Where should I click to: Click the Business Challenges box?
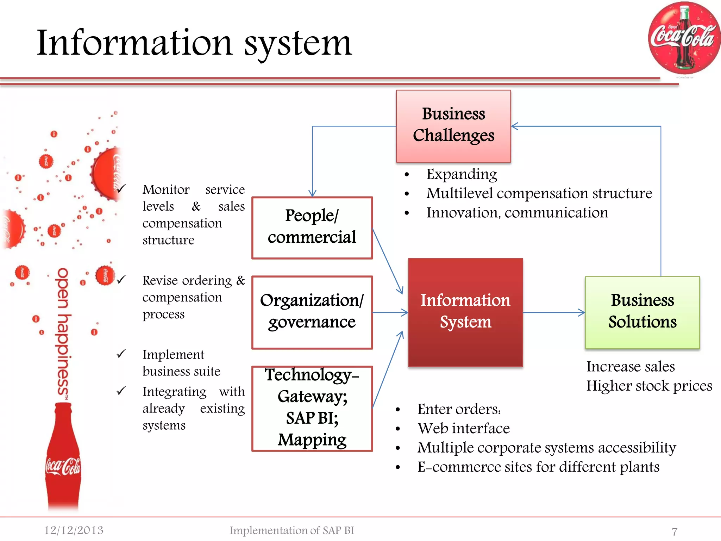(x=453, y=126)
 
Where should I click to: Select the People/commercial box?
(x=312, y=228)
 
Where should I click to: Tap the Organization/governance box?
(x=312, y=312)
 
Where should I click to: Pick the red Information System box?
(x=465, y=312)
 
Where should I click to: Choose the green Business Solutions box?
(x=642, y=312)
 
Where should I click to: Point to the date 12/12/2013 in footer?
(x=74, y=530)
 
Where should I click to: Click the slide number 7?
(x=675, y=531)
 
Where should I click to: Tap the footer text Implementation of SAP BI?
(x=291, y=530)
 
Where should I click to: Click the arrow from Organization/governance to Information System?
(x=390, y=312)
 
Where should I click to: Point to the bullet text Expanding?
(x=462, y=174)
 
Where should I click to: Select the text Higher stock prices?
(x=649, y=386)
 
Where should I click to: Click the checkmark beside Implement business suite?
(x=121, y=354)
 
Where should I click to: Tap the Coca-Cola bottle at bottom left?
(x=63, y=458)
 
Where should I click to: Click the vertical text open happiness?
(x=63, y=333)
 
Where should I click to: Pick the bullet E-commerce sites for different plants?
(x=538, y=467)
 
